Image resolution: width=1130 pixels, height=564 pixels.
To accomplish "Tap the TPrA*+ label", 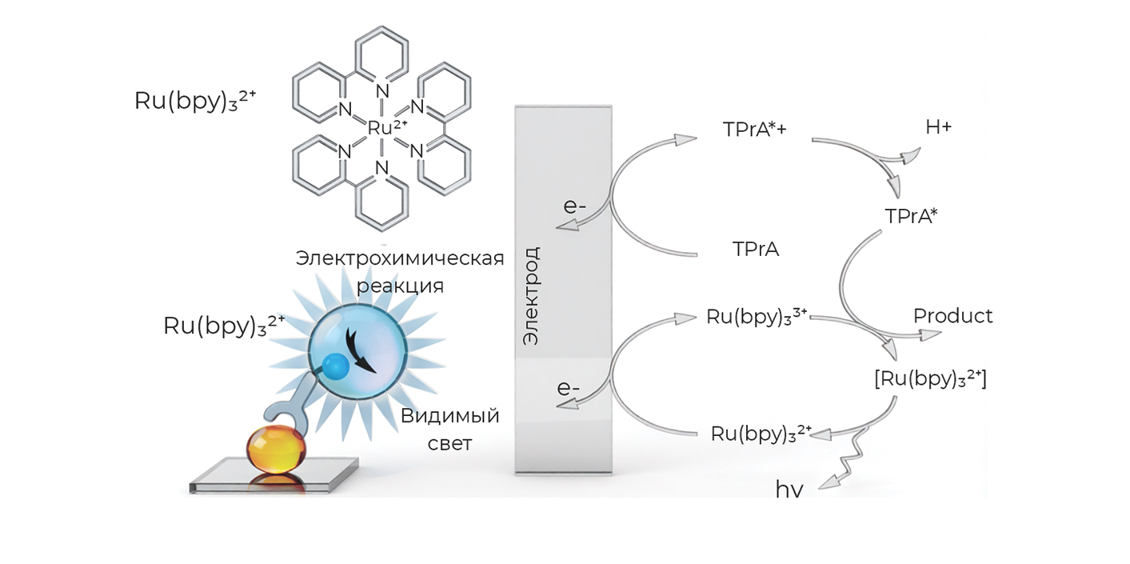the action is [x=754, y=130].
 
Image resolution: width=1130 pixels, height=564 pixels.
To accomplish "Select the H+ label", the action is [x=938, y=127].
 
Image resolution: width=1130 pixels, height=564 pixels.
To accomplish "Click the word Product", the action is [x=953, y=316].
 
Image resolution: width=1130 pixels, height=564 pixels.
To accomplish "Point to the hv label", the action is [x=789, y=490].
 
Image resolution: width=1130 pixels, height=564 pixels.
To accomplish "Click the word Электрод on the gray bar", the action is [x=531, y=296].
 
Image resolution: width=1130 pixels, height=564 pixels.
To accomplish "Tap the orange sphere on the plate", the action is [x=275, y=449].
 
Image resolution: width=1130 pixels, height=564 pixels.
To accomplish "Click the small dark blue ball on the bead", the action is [x=335, y=366].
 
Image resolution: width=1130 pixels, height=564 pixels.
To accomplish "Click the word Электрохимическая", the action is [x=400, y=258].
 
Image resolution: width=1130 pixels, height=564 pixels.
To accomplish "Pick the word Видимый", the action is [x=449, y=417].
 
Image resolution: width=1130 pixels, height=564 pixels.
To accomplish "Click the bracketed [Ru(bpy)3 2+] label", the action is [x=930, y=379].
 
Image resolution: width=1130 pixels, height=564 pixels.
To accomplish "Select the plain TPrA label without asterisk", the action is [x=755, y=250].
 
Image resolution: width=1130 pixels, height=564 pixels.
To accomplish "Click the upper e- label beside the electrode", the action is [x=574, y=206].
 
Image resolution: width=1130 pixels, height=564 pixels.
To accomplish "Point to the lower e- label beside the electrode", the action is [x=568, y=389].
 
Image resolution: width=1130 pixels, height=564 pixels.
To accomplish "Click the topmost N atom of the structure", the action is [x=382, y=91].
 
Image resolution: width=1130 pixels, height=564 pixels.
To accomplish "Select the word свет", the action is [x=449, y=444].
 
